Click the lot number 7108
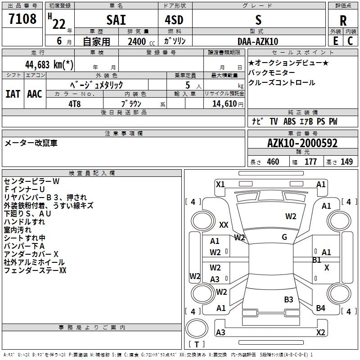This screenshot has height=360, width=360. tap(22, 19)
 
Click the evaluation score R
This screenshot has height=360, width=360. tap(343, 21)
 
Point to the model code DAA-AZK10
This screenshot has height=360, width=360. tap(258, 41)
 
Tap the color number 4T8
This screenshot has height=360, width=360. tap(75, 103)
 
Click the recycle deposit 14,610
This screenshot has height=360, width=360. tap(224, 103)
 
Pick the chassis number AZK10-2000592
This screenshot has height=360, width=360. tap(302, 143)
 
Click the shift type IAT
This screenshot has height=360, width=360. tap(13, 94)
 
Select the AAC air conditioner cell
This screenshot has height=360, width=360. tap(35, 94)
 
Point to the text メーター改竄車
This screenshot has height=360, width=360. tap(31, 143)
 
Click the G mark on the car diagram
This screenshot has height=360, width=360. tap(284, 237)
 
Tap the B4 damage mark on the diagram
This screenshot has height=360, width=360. tap(320, 308)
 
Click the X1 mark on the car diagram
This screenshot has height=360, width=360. tap(220, 184)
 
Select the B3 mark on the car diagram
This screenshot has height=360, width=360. tap(288, 299)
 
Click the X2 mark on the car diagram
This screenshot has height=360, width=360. tap(320, 333)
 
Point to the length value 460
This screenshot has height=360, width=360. tap(273, 162)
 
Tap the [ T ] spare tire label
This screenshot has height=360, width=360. tap(197, 344)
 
